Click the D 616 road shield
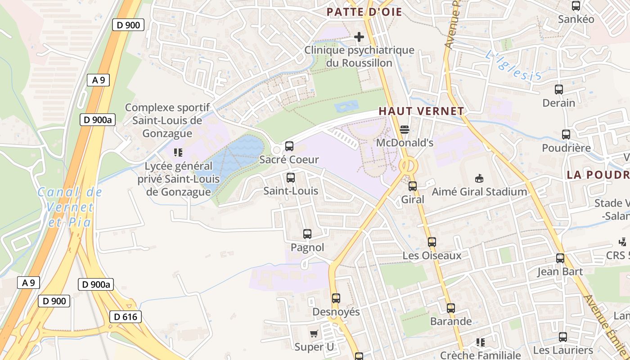point(125,317)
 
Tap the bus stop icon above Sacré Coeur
point(289,146)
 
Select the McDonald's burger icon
point(404,130)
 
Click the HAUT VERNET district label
point(421,111)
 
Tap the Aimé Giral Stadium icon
point(479,179)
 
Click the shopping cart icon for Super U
point(314,333)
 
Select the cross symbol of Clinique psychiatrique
point(359,36)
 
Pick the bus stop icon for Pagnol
point(307,234)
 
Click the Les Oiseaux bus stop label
point(432,256)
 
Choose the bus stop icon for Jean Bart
point(560,258)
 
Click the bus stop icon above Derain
point(559,90)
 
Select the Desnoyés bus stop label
point(336,312)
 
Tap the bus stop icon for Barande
point(451,308)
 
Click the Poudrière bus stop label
point(566,148)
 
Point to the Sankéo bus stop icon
point(576,6)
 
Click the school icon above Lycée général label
point(178,153)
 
